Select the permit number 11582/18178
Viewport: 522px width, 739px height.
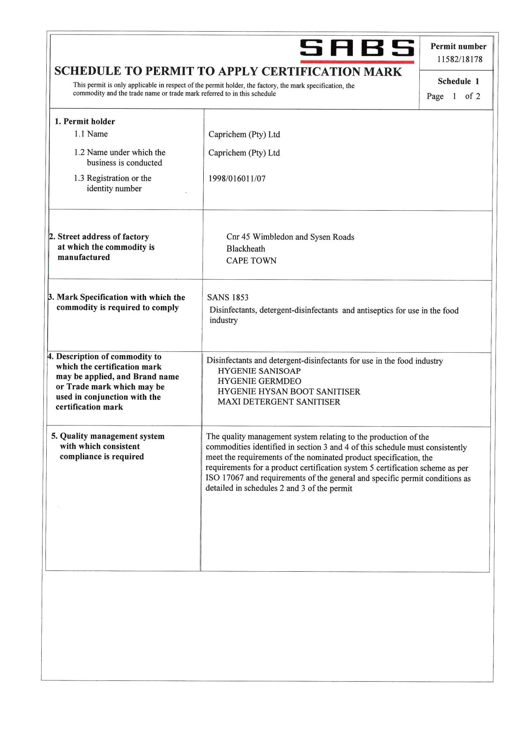click(460, 59)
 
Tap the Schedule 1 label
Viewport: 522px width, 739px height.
click(458, 81)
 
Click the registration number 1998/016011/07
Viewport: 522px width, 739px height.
click(237, 179)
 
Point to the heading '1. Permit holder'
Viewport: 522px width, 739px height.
click(85, 122)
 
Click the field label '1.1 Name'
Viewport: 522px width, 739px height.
click(91, 134)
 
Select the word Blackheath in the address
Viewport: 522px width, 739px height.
click(246, 249)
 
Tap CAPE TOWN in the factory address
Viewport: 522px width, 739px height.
click(251, 261)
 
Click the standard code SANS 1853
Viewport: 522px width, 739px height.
click(228, 298)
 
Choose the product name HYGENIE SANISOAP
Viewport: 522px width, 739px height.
click(259, 371)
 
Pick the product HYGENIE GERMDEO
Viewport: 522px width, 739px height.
click(259, 381)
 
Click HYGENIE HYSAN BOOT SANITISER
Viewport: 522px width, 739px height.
click(289, 392)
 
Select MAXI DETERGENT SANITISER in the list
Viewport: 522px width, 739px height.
click(279, 402)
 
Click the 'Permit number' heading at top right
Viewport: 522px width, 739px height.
click(458, 47)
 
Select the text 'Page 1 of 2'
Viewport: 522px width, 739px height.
click(453, 96)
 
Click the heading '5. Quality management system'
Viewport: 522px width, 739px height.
click(108, 436)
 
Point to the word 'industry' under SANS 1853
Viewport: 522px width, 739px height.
click(224, 321)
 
